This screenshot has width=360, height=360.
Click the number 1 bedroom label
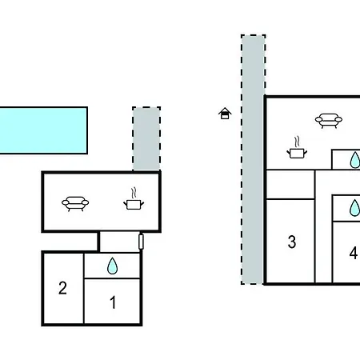[113, 302]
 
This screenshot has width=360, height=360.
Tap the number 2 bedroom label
[62, 288]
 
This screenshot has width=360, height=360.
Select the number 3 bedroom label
[292, 242]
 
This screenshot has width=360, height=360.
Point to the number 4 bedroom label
[354, 253]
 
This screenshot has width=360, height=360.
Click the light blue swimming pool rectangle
[43, 130]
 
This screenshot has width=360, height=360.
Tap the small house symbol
[225, 114]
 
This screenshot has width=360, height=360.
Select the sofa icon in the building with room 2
[75, 204]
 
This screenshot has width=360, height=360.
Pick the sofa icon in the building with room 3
[329, 121]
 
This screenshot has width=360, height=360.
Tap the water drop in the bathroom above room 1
[112, 266]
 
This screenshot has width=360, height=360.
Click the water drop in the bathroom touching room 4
[354, 208]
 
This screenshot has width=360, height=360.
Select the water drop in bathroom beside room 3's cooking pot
[355, 160]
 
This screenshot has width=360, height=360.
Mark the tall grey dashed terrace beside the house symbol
[253, 159]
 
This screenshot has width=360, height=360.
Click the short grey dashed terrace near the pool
[146, 138]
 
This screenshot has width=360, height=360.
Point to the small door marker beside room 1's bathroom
[141, 242]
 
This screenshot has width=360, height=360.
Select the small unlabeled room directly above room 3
[290, 185]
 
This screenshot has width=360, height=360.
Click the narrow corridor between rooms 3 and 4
[323, 226]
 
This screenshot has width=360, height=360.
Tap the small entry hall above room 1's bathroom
[119, 242]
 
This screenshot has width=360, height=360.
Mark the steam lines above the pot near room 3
[297, 142]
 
